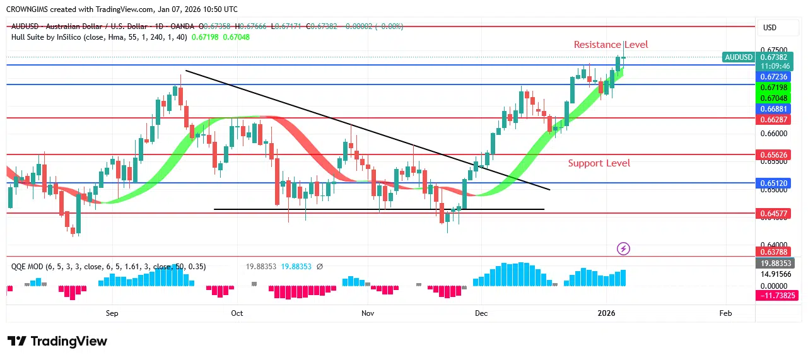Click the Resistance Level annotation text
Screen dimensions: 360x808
click(x=611, y=45)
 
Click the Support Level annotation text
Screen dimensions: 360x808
click(x=599, y=163)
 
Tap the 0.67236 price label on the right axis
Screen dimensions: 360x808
click(x=774, y=77)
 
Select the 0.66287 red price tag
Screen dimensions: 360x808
click(x=774, y=119)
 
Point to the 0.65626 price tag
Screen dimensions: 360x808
click(x=774, y=154)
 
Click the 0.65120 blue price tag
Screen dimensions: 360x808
click(x=774, y=183)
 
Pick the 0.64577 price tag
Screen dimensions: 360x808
click(x=774, y=213)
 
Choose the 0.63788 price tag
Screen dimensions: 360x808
click(x=774, y=252)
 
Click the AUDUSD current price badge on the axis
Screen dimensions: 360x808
click(x=739, y=57)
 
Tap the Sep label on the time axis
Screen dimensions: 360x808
click(x=112, y=313)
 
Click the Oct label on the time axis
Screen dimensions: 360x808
click(x=237, y=313)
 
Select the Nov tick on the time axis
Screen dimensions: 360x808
click(x=366, y=313)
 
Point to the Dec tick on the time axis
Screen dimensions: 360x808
click(x=481, y=313)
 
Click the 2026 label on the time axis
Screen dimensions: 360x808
click(x=606, y=313)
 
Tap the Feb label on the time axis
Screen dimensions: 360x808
click(x=725, y=313)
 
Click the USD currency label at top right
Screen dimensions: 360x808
click(x=770, y=28)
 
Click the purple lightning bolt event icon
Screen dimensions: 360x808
click(x=623, y=249)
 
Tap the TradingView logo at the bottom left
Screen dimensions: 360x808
click(x=57, y=341)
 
